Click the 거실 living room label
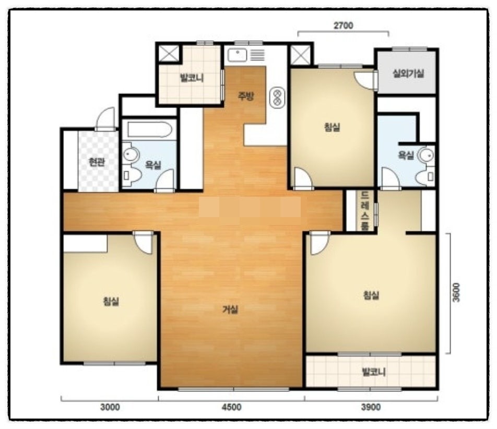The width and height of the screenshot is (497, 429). coord(230,309)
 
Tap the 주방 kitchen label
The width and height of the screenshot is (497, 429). coord(246,96)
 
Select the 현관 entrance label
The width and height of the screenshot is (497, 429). coord(97,162)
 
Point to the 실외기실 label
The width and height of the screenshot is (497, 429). coord(408,74)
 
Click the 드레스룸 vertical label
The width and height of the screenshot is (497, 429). coord(365,210)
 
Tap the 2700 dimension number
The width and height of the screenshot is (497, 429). coord(344,26)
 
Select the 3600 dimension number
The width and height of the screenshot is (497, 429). coord(456,292)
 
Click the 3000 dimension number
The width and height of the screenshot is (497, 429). coord(110,407)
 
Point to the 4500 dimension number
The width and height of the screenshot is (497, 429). coord(231,407)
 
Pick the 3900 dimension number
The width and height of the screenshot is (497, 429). coord(371,407)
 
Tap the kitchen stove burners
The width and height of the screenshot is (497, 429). coord(277,98)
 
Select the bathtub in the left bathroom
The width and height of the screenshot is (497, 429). coord(149,129)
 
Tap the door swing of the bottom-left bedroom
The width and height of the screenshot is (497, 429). coord(144,243)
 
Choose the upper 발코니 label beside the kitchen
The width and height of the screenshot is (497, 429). coord(192,78)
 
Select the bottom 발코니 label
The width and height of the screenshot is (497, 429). coord(374,372)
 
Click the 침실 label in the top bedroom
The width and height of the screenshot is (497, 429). coord(332,127)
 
